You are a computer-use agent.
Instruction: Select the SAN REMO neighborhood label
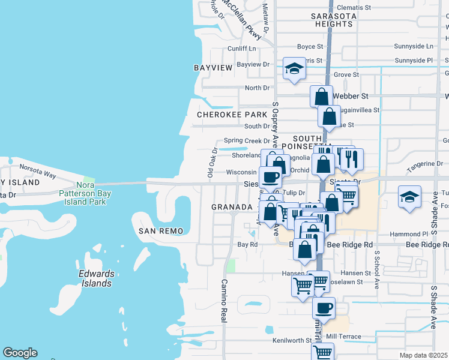pos(156,231)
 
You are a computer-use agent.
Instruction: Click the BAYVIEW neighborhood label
pos(213,68)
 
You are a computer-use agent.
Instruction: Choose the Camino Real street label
pos(224,301)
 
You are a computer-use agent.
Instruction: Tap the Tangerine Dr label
pos(423,164)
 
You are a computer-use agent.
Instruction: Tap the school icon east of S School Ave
pos(409,197)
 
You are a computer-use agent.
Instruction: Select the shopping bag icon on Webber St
pos(322,96)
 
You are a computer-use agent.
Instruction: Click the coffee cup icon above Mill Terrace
pos(324,309)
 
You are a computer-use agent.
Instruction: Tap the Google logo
pos(20,353)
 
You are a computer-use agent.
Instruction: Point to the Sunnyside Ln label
pos(413,46)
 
